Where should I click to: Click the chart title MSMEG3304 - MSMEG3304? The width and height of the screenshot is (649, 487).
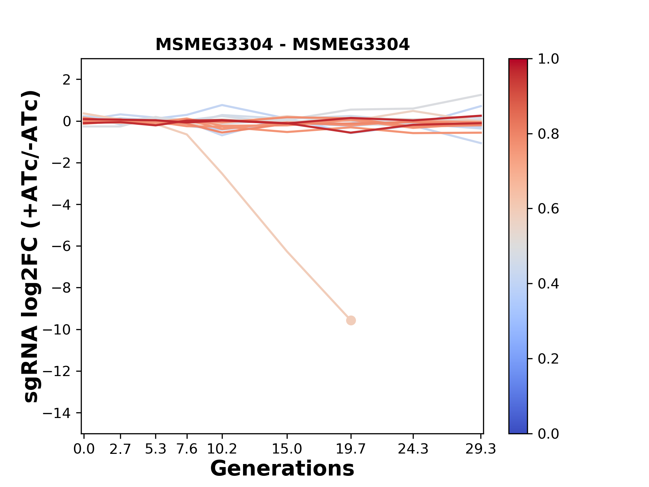pos(282,45)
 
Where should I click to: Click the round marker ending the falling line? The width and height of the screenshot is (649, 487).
pos(351,320)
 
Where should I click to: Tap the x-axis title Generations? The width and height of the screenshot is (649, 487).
pos(282,469)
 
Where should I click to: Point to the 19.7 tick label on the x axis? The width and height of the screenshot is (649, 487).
pos(351,449)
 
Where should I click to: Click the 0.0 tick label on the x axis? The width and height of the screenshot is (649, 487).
pos(84,449)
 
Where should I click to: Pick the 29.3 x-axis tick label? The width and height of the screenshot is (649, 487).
pos(481,449)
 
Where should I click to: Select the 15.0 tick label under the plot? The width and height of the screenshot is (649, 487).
pos(287,449)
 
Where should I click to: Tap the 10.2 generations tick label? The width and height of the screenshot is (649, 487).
pos(222,449)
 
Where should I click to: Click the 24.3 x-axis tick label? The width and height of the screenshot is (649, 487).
pos(413,449)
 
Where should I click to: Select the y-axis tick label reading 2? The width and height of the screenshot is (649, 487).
pos(67,79)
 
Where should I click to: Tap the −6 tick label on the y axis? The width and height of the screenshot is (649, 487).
pos(61,246)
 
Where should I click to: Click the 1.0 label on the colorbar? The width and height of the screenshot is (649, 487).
pos(548,59)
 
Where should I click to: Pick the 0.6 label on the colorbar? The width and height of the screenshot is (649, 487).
pos(548,209)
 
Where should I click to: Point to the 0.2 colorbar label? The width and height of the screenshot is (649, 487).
pos(548,358)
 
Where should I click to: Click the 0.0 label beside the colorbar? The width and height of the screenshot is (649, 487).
pos(548,434)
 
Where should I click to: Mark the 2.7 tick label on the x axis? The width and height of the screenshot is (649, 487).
pos(120,449)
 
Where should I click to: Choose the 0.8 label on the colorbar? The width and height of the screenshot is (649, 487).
pos(548,134)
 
